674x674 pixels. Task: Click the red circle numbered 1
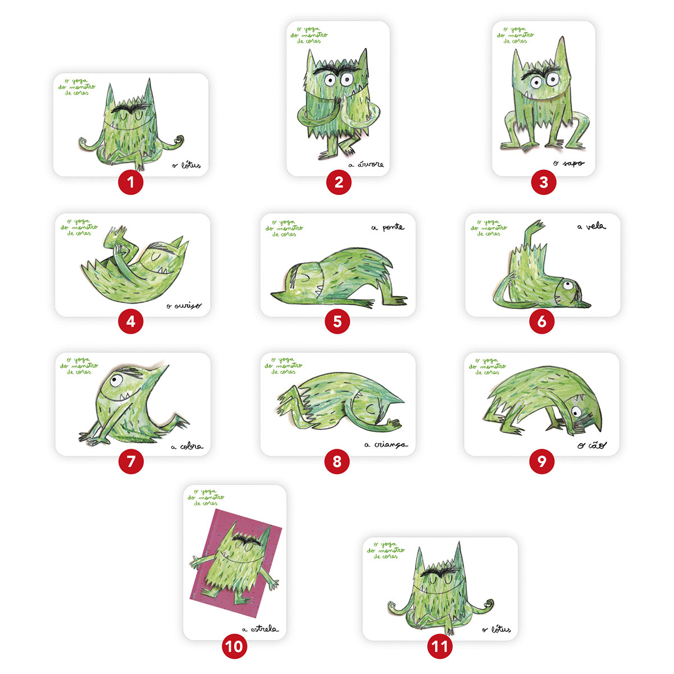131,182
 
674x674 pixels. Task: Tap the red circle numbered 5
337,321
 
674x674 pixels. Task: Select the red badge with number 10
234,646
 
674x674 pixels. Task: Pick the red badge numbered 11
440,646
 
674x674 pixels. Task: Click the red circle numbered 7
131,461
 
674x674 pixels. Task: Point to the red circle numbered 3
543,182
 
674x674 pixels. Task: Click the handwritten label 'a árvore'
366,165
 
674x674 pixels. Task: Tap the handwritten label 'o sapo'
568,163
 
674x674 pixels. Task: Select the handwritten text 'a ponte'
388,227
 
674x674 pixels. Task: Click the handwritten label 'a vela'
591,226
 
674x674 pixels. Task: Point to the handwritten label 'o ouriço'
184,306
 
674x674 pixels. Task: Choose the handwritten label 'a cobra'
187,447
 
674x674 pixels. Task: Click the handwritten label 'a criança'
386,445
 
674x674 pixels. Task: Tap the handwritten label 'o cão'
592,445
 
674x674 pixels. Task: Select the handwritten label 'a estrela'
259,629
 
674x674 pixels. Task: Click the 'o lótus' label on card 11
497,629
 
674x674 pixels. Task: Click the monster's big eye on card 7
116,380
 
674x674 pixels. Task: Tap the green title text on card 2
308,35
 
